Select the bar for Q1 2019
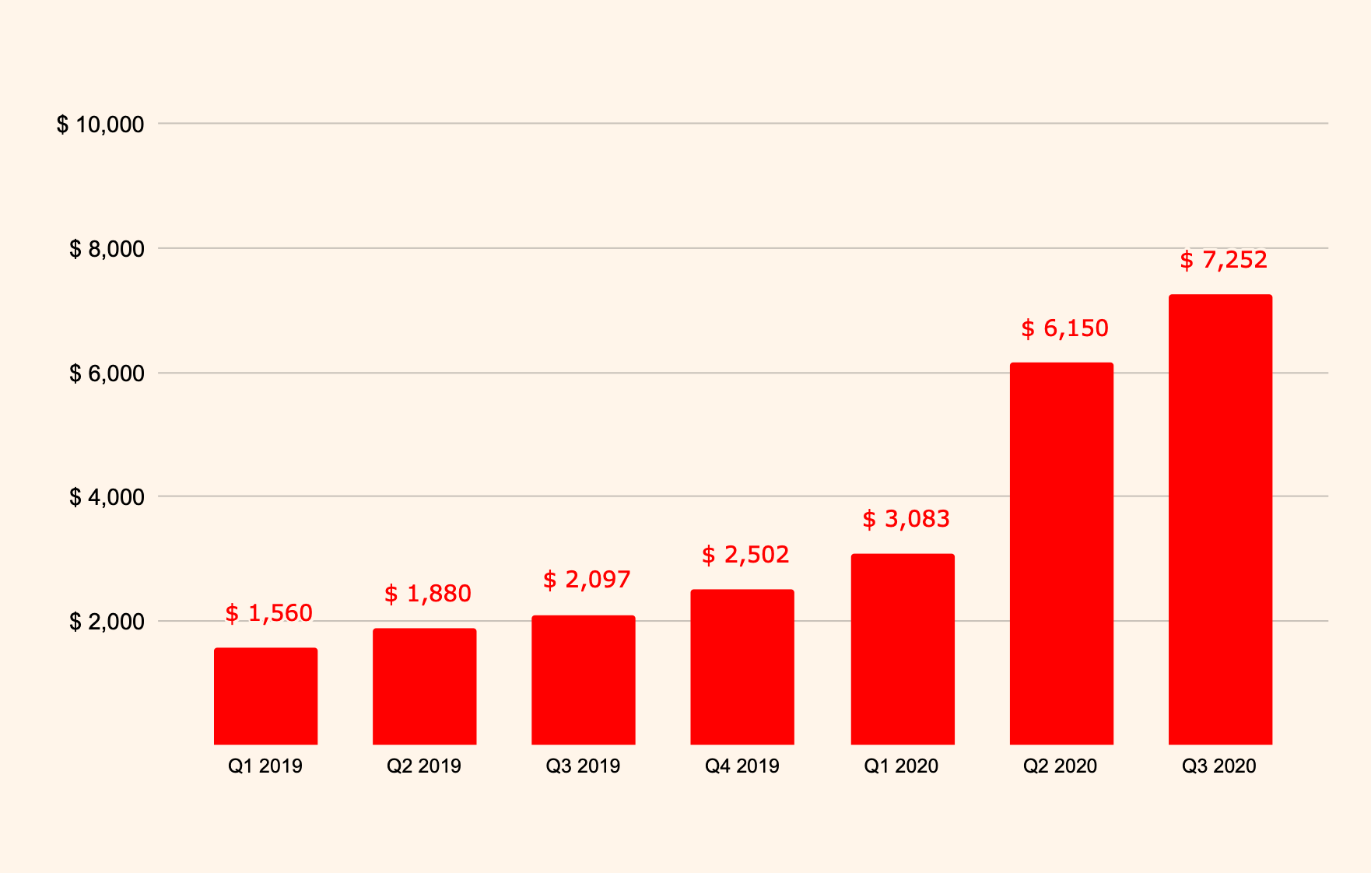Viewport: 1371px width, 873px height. [x=265, y=696]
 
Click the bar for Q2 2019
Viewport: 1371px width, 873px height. [x=424, y=686]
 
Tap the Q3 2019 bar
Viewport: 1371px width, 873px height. [x=583, y=680]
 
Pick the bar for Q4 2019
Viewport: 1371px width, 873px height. [x=742, y=667]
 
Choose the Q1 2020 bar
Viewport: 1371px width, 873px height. [x=902, y=649]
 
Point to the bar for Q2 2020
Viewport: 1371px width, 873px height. [x=1061, y=553]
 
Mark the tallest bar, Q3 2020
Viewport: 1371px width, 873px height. [x=1220, y=519]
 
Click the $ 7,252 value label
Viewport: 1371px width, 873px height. [x=1223, y=260]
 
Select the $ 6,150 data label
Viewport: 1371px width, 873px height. [x=1064, y=328]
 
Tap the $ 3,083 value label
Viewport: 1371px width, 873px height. [x=906, y=519]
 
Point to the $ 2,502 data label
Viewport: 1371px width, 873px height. [x=745, y=555]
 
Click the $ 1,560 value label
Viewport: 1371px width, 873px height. [x=268, y=613]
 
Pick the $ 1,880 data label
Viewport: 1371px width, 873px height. [x=427, y=594]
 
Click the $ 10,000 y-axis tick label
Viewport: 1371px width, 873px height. [x=100, y=124]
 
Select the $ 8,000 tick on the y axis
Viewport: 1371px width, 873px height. [x=107, y=249]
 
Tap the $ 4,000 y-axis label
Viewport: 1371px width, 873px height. [x=107, y=497]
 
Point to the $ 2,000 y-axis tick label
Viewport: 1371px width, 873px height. [x=107, y=622]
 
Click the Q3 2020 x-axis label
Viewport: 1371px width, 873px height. [x=1218, y=766]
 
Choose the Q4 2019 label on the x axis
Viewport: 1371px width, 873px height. [x=742, y=766]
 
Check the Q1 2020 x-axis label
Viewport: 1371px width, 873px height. [x=901, y=766]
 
